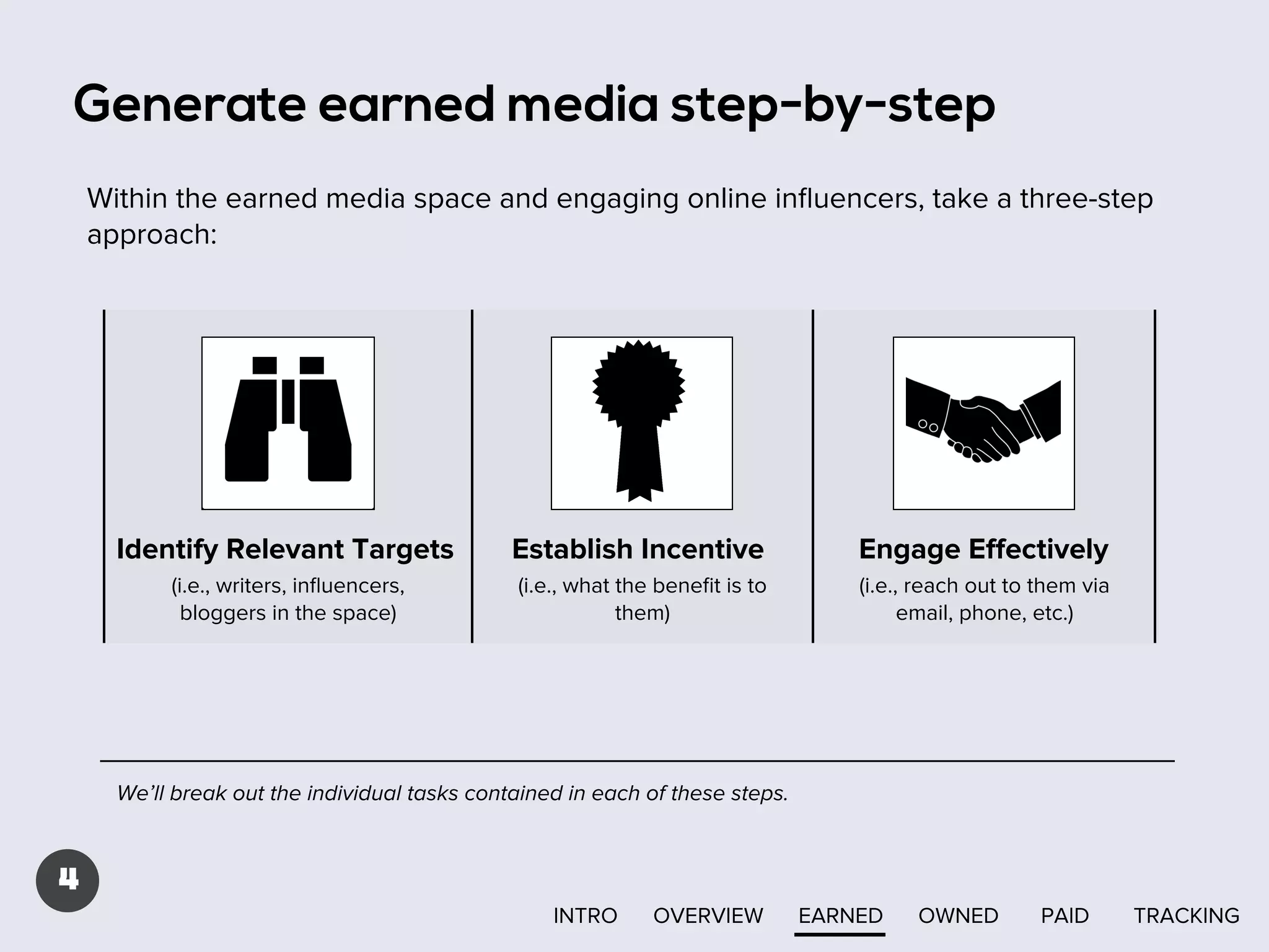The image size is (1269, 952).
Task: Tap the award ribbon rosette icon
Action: click(x=639, y=419)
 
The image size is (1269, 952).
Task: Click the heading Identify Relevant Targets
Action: click(x=285, y=549)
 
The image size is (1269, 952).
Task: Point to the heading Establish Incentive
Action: click(x=638, y=549)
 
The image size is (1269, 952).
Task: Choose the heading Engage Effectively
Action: click(x=983, y=549)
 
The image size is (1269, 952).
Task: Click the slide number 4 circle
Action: click(x=68, y=880)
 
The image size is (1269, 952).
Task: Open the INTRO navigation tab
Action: click(x=585, y=915)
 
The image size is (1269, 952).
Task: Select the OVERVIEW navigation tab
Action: click(x=708, y=915)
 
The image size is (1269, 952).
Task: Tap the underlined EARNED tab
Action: click(x=840, y=915)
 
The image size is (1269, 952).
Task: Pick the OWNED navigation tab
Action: click(x=958, y=915)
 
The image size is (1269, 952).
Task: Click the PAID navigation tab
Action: click(x=1065, y=915)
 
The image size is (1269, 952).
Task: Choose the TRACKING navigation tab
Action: click(x=1186, y=915)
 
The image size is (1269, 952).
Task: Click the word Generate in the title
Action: click(x=190, y=104)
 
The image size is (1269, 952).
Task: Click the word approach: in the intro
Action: click(x=152, y=235)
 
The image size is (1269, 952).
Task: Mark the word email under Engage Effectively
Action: click(x=924, y=613)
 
